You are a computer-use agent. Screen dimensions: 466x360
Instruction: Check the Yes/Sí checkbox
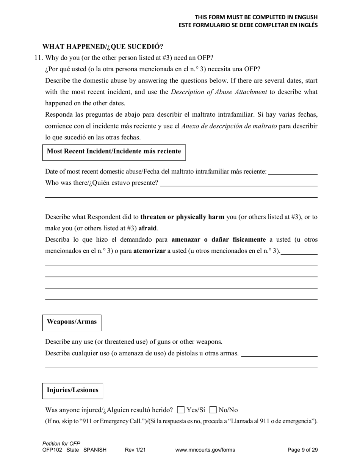[x=181, y=410]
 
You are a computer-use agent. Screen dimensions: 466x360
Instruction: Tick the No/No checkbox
[x=213, y=410]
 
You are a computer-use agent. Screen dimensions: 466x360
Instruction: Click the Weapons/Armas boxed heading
[x=72, y=322]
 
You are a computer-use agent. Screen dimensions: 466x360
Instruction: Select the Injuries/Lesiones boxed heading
[x=72, y=390]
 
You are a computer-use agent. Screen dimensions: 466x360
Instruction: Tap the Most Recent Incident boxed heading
[x=114, y=152]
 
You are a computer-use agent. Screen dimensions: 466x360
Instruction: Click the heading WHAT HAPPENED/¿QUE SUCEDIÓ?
[x=103, y=47]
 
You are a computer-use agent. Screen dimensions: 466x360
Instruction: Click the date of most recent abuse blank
[x=293, y=172]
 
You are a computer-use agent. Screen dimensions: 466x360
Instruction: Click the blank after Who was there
[x=239, y=183]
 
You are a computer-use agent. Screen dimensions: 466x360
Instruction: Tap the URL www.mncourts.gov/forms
[x=205, y=450]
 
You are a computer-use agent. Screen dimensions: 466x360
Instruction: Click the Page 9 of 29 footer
[x=302, y=450]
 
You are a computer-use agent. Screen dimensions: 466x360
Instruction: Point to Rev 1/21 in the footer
[x=135, y=450]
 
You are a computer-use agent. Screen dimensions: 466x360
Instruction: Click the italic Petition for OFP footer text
[x=61, y=443]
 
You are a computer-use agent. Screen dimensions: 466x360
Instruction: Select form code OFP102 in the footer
[x=53, y=450]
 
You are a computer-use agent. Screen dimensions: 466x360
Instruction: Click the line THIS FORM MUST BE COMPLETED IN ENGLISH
[x=256, y=17]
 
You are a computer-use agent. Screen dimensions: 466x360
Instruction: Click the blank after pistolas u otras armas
[x=279, y=353]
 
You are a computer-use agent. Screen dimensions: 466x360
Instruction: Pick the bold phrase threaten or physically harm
[x=182, y=217]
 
